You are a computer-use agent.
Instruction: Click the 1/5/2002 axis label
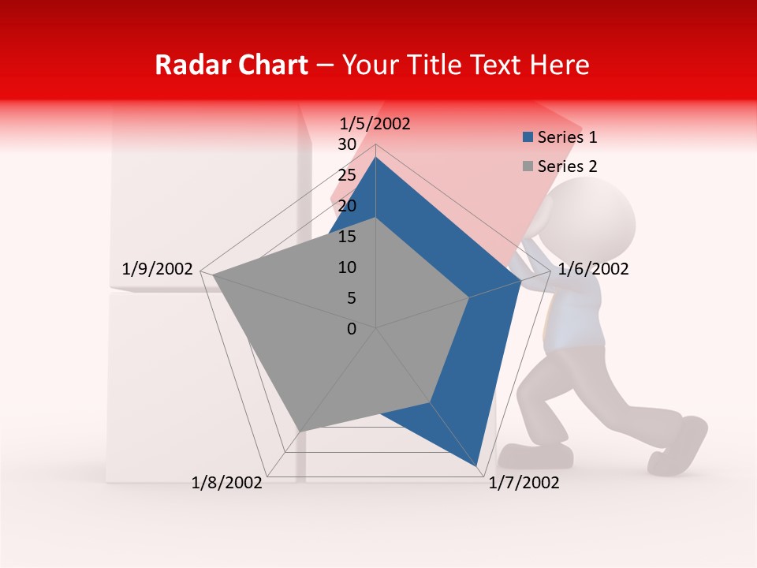point(375,124)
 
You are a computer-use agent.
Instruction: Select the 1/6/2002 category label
point(593,269)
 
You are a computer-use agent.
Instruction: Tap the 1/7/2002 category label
point(524,483)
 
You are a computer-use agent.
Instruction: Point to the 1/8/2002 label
point(227,483)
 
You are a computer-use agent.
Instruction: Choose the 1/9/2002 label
point(158,269)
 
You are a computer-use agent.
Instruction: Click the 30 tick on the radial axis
point(347,144)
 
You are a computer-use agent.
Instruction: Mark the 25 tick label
point(347,175)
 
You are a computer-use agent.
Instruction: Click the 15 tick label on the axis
point(347,237)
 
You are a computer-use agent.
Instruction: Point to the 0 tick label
point(352,329)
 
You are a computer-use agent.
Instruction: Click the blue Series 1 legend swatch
point(528,137)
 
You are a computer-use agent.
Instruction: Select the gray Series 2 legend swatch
point(528,166)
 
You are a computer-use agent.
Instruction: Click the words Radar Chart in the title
point(231,65)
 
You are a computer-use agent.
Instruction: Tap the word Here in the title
point(560,65)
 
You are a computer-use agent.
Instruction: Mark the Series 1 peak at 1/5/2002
point(375,158)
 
